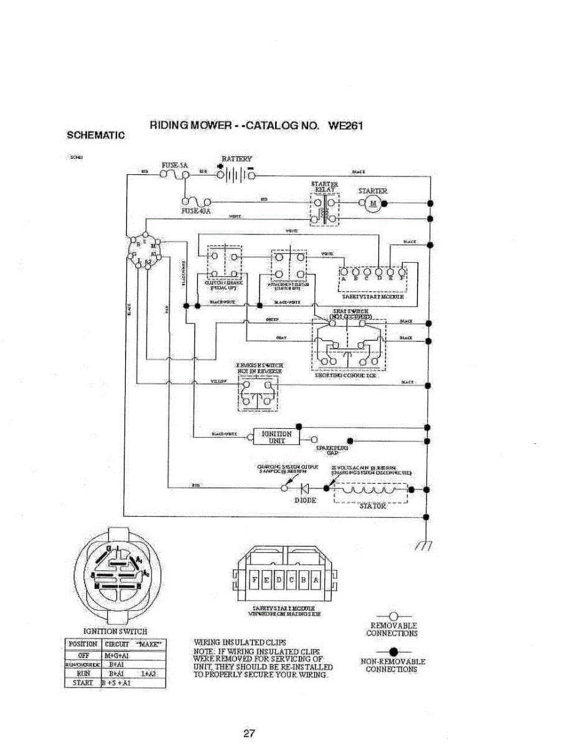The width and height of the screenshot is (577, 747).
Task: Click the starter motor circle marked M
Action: (374, 203)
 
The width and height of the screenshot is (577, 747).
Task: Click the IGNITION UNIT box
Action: (276, 437)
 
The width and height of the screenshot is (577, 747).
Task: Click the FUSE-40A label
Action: (195, 212)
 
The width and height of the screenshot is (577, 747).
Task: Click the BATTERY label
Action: (237, 159)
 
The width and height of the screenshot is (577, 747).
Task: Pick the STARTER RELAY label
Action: (325, 187)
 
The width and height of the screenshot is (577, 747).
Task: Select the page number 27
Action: (249, 733)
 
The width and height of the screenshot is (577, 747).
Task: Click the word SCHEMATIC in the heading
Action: (96, 134)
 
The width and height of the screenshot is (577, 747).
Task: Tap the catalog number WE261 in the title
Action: (345, 125)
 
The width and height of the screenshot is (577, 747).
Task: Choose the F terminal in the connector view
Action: (254, 581)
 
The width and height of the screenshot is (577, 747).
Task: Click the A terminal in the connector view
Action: (316, 581)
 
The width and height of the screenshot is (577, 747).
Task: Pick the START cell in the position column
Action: (82, 683)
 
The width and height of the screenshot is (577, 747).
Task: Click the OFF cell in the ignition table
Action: (82, 655)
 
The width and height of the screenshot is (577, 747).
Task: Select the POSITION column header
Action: (82, 644)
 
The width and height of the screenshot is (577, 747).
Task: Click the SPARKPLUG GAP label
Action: (332, 451)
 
